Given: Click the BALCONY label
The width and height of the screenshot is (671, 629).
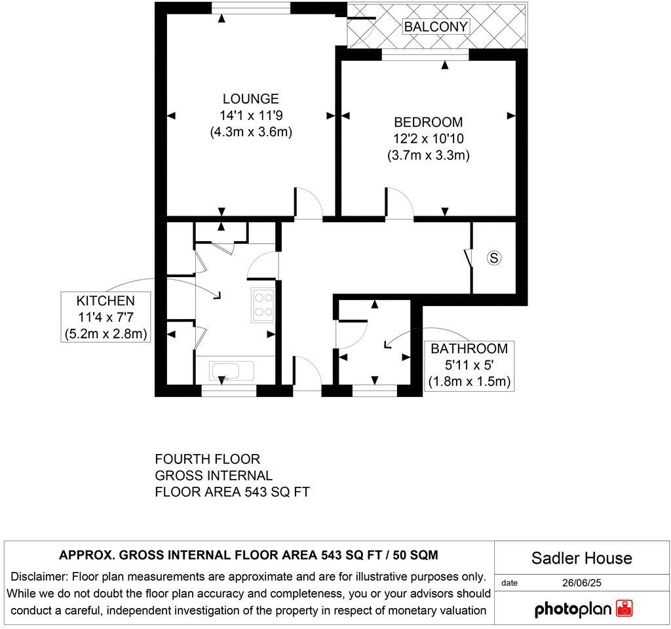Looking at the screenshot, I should tap(436, 27).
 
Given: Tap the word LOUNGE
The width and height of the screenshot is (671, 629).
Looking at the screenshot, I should tap(250, 99).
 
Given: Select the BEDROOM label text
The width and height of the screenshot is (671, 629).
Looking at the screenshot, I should tap(428, 123).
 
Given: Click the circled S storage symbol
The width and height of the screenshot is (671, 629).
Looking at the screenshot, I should tap(494, 258).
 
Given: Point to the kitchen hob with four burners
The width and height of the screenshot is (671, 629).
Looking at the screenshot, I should tap(263, 305).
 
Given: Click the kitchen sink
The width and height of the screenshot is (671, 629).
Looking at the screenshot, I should tap(232, 371).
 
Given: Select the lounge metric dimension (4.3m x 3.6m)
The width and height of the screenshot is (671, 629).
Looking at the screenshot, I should tap(250, 132).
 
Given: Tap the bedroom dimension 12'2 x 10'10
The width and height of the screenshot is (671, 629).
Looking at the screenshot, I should tap(428, 139).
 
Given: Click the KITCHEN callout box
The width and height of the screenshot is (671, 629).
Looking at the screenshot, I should tap(105, 317).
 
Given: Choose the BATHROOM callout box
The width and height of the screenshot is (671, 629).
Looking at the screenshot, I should tap(469, 365).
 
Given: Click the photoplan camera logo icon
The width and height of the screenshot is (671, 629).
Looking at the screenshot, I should tap(624, 609).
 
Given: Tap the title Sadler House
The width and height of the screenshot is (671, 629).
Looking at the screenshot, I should tap(581, 558).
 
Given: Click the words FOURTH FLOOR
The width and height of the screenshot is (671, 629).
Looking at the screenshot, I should tap(207, 459).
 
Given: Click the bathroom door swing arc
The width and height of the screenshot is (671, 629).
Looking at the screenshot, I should tap(348, 335).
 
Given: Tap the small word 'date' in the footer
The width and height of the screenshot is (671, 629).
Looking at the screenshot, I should tap(509, 582).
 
